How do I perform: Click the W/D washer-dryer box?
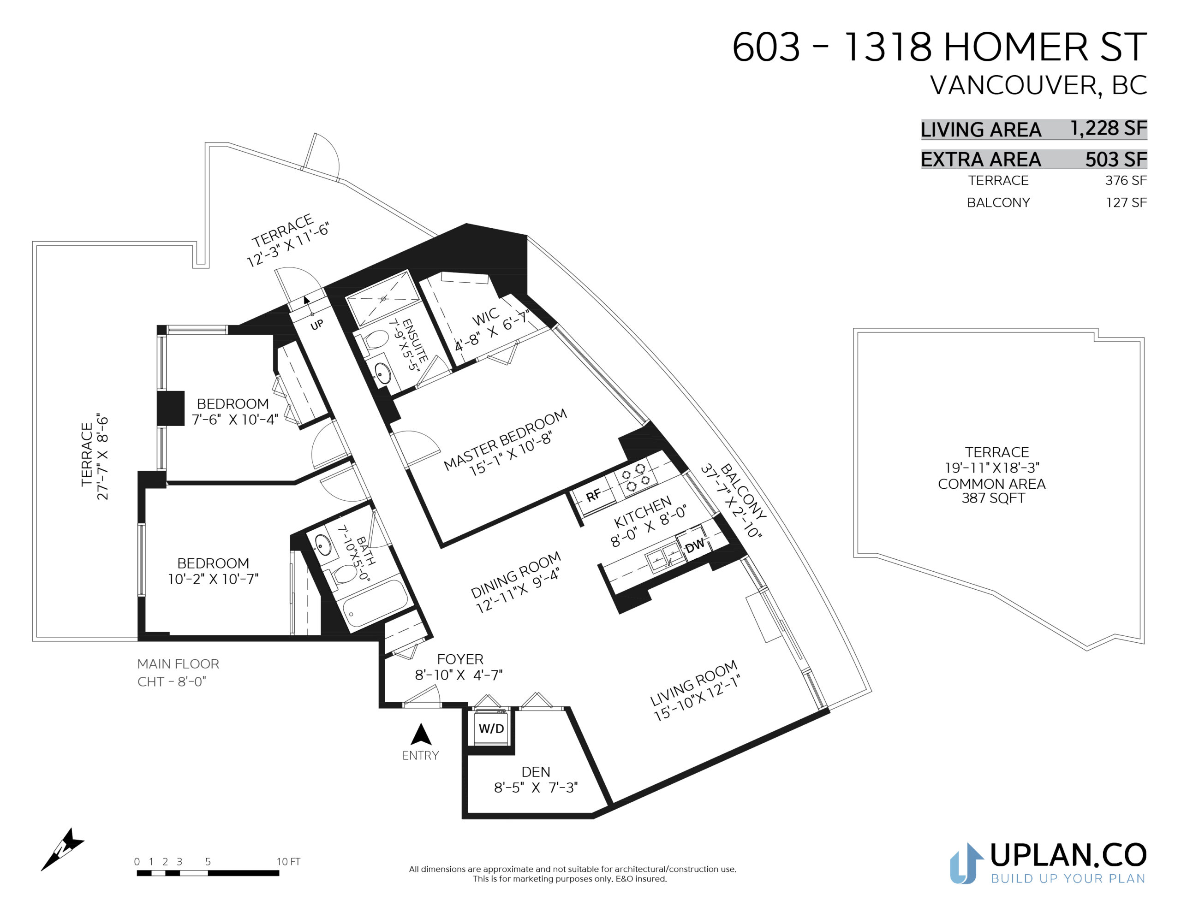click(x=491, y=728)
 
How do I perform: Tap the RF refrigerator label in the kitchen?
click(x=593, y=494)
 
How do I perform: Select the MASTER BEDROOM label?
click(x=505, y=439)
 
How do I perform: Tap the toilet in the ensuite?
click(x=375, y=341)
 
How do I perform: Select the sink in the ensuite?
click(x=383, y=373)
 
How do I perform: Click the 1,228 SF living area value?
click(x=1109, y=128)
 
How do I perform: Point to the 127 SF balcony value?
click(x=1126, y=202)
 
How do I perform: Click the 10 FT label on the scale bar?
click(x=288, y=862)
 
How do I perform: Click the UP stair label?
click(x=317, y=324)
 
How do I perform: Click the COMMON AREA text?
click(x=992, y=484)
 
